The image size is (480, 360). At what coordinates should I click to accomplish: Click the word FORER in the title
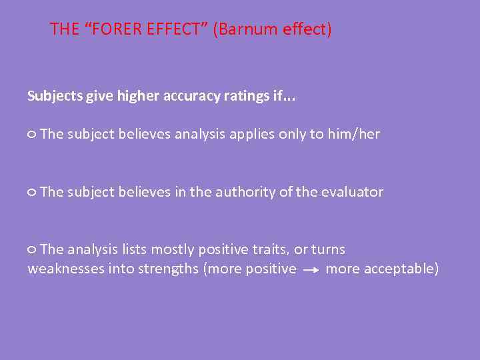(x=118, y=30)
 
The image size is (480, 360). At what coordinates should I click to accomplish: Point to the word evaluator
(x=352, y=192)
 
